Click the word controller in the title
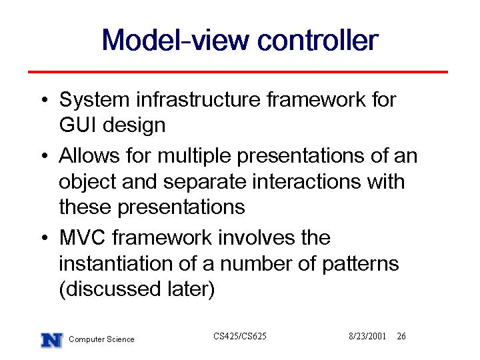coord(318,40)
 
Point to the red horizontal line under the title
coord(238,72)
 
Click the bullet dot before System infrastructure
coord(45,100)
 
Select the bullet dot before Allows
coord(45,155)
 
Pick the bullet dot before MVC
coord(45,237)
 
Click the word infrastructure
coord(198,99)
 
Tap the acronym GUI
coord(78,125)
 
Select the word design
coord(134,125)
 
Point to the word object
coord(87,182)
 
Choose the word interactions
coord(307,181)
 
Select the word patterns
coord(361,264)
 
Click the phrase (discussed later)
coord(137,289)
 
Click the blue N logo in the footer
coord(52,340)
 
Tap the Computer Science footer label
coord(101,339)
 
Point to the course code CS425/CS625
coord(240,336)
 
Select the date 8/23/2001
coord(367,336)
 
